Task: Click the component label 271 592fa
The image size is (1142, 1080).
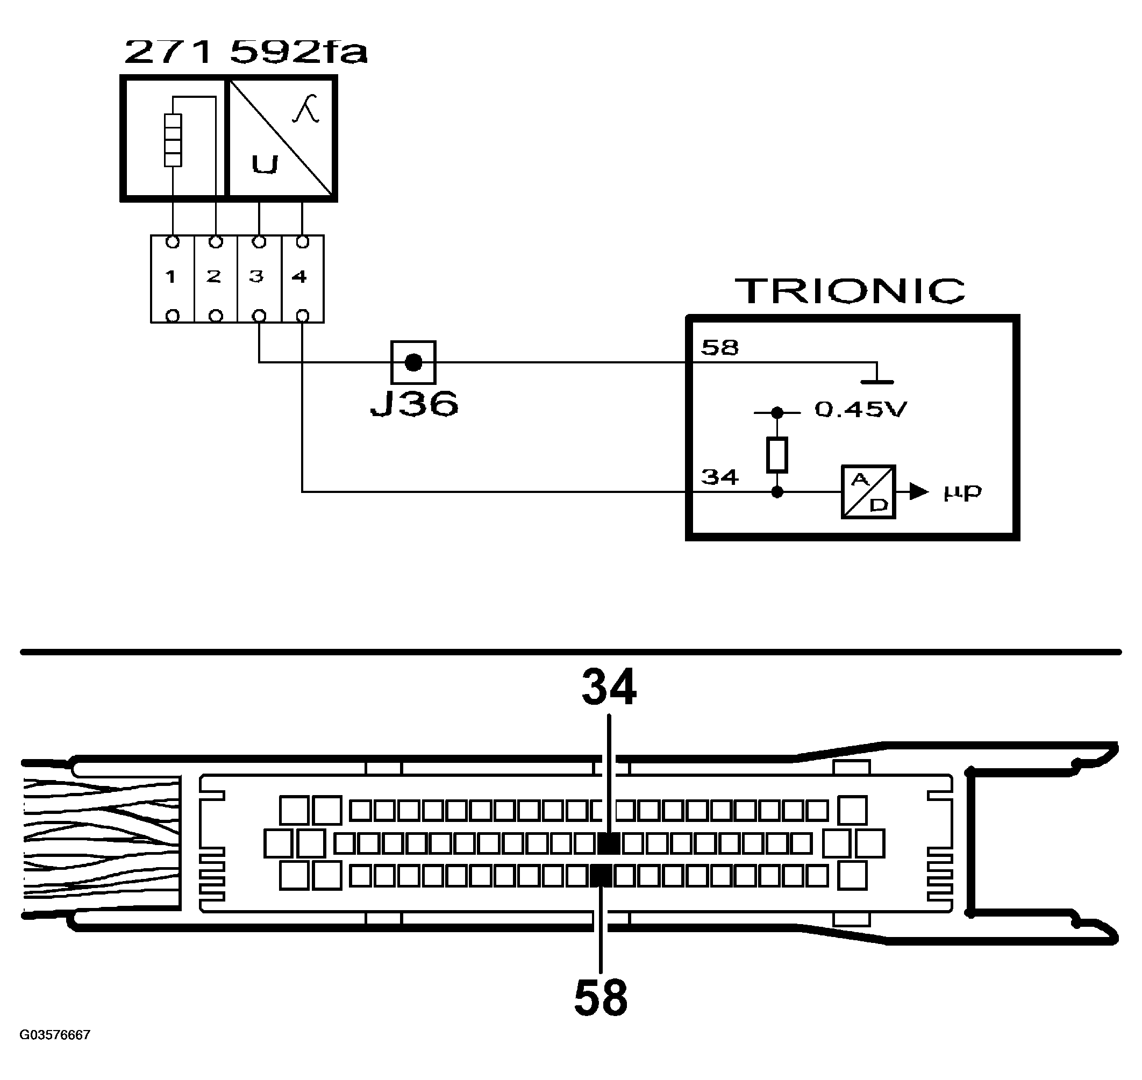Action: coord(245,52)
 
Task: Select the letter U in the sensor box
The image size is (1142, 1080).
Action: coord(265,164)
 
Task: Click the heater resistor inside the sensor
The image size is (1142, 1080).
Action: coord(173,140)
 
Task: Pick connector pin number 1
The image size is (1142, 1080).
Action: coord(170,277)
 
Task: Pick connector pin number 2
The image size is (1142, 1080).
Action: coord(213,277)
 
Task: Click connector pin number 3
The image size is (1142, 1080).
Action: coord(256,277)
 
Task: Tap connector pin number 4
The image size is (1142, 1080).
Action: coord(299,277)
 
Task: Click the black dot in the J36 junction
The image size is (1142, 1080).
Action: coord(413,362)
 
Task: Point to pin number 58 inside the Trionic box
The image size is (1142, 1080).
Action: coord(719,348)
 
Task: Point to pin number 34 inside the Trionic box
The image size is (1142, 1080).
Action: coord(719,477)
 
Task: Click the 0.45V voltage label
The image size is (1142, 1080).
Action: coord(860,409)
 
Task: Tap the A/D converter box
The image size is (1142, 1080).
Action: coord(868,492)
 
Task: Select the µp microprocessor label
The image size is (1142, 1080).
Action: coord(962,492)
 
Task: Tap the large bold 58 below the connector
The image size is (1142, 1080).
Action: coord(601,998)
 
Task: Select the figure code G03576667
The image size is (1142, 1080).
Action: coord(55,1035)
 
